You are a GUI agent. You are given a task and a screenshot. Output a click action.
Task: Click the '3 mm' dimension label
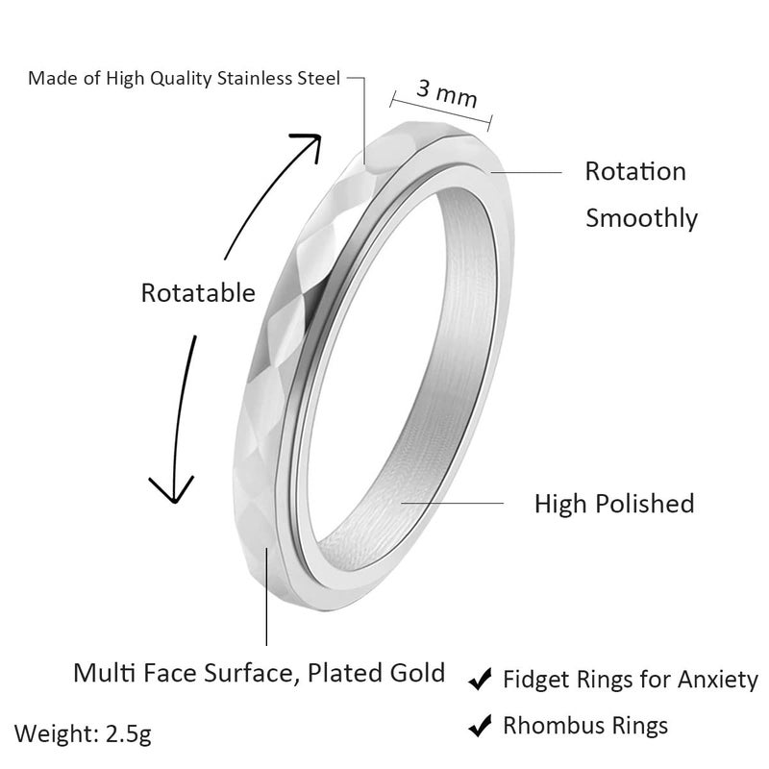pos(447,93)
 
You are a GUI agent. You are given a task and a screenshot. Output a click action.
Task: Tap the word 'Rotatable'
pos(198,293)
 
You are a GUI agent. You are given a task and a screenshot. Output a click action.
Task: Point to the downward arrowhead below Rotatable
pos(172,489)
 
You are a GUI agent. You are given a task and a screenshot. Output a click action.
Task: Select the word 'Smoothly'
pos(641,218)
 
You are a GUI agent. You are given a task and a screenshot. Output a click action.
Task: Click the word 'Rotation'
pos(635,172)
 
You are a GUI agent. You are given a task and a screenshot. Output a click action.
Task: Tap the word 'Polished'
pos(645,504)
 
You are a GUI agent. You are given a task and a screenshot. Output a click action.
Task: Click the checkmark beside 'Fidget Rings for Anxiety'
pos(480,680)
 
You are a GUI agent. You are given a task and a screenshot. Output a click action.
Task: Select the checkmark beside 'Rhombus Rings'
pos(480,726)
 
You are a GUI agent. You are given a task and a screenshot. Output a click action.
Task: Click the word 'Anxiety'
pos(718,681)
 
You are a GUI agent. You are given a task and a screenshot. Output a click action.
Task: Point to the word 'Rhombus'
pos(553,726)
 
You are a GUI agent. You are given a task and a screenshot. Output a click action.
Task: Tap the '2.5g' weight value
pos(129,734)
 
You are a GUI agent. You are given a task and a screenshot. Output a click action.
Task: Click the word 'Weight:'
pos(58,734)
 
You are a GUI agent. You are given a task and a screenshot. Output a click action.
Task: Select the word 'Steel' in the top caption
pos(319,79)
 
